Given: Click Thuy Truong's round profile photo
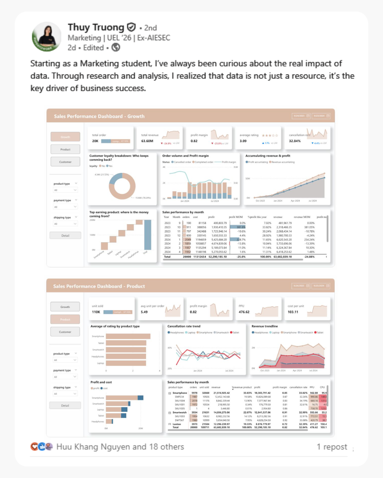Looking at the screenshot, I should (x=47, y=37).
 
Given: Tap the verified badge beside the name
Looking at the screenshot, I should (x=131, y=27).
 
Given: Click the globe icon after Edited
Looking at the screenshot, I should (x=116, y=48).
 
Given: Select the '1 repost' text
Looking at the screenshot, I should (x=332, y=447).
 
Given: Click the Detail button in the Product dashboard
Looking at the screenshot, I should (x=65, y=406).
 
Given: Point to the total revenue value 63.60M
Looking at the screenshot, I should (x=148, y=141).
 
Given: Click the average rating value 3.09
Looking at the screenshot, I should (x=244, y=141).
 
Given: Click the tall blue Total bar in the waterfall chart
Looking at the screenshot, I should (x=148, y=236).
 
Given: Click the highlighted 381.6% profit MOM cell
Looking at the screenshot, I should (x=237, y=227).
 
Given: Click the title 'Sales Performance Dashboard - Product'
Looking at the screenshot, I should (x=99, y=286).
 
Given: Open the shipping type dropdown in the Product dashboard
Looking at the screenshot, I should (x=65, y=394).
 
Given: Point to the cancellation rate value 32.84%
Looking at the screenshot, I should (x=295, y=141).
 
